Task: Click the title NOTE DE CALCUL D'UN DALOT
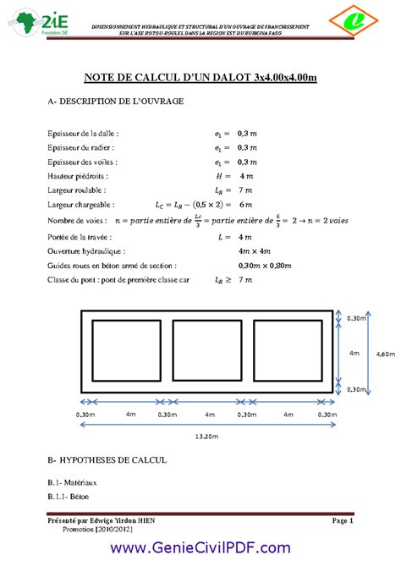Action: [x=200, y=78]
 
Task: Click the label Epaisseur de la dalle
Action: [x=84, y=133]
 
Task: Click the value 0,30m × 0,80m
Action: [x=263, y=265]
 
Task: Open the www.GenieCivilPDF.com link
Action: [x=200, y=548]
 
